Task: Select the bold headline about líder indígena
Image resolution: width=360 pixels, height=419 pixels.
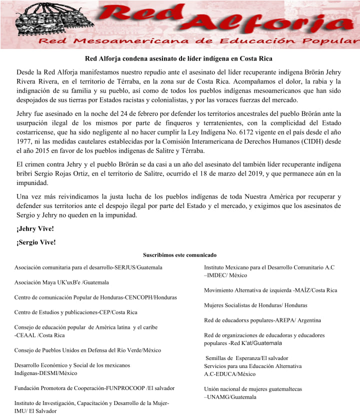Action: pyautogui.click(x=178, y=58)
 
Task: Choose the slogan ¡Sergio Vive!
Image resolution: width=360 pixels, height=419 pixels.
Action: pyautogui.click(x=36, y=242)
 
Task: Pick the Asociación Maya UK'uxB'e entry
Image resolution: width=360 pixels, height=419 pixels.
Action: pyautogui.click(x=61, y=282)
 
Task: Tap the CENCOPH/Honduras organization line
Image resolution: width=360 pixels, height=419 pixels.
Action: pyautogui.click(x=95, y=297)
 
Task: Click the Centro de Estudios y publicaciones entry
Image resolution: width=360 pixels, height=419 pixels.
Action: pyautogui.click(x=75, y=312)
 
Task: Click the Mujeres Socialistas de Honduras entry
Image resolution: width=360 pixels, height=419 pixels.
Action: pyautogui.click(x=255, y=305)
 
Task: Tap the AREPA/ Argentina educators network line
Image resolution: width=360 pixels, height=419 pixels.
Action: pyautogui.click(x=262, y=320)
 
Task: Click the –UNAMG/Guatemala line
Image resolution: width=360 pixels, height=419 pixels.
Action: pyautogui.click(x=230, y=397)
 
